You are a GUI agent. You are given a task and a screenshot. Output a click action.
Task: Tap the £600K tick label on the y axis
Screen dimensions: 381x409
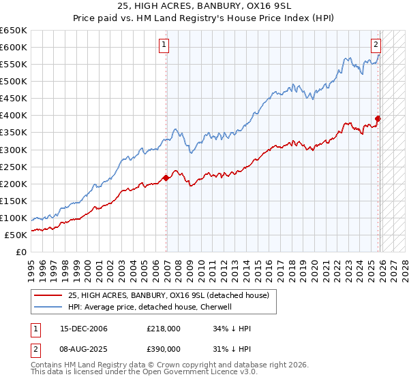point(14,47)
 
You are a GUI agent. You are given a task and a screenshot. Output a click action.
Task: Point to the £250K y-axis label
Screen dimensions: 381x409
point(14,167)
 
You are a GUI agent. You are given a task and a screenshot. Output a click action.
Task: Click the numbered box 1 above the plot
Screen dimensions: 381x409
point(164,46)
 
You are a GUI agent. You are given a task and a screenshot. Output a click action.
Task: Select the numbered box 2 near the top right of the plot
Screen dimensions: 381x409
point(376,46)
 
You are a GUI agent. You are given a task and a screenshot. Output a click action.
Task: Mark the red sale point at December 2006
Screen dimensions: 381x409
point(166,178)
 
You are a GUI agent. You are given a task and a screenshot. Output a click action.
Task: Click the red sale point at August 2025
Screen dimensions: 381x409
point(378,118)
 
